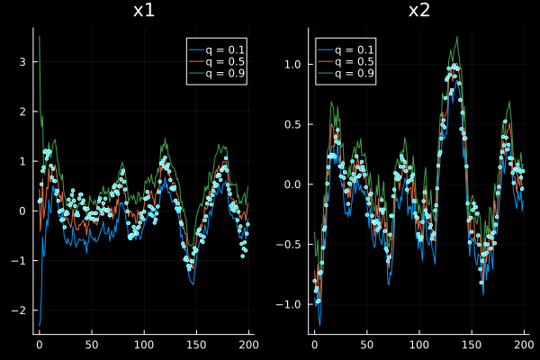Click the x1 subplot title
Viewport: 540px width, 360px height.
point(142,11)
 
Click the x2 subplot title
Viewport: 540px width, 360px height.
point(418,11)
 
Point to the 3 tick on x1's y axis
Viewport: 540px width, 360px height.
point(24,62)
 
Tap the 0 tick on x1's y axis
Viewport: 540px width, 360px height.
point(24,211)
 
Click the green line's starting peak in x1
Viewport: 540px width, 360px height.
point(39,37)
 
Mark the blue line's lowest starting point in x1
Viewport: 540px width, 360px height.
point(39,325)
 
